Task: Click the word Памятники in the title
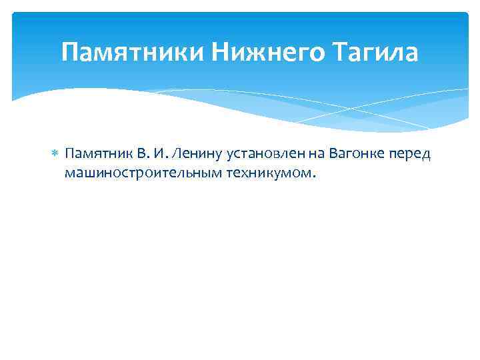134,52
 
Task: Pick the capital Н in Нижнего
222,52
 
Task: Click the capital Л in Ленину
177,155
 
